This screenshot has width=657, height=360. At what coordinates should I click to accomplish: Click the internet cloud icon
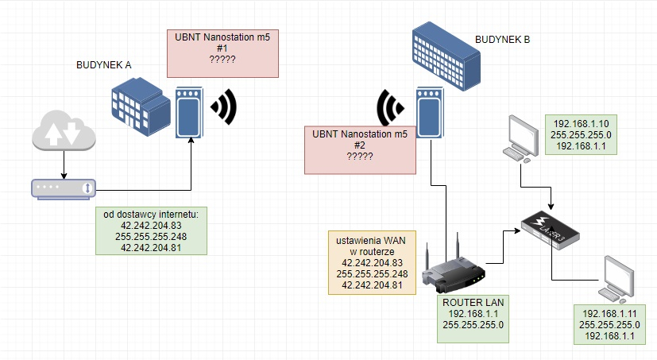[x=64, y=130]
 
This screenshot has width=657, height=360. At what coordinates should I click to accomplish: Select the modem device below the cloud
[x=64, y=189]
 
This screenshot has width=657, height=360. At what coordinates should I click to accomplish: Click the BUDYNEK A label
[x=103, y=65]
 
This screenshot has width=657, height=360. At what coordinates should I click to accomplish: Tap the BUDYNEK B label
[x=502, y=40]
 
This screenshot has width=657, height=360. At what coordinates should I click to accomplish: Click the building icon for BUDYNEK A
[x=141, y=106]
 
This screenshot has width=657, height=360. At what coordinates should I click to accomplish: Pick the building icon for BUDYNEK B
[x=446, y=56]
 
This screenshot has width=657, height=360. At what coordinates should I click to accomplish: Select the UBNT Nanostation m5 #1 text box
[x=222, y=54]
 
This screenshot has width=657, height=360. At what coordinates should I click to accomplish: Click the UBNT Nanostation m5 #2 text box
[x=360, y=150]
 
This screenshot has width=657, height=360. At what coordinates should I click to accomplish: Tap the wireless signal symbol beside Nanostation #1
[x=225, y=106]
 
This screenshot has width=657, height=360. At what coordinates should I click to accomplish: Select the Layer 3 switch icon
[x=551, y=230]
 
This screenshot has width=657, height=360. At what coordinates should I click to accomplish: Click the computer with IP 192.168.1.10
[x=521, y=139]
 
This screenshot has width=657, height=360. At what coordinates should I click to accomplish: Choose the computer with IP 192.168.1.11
[x=616, y=280]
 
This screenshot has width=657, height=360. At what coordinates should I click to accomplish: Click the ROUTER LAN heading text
[x=473, y=303]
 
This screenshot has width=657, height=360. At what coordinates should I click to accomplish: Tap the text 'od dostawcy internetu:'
[x=151, y=214]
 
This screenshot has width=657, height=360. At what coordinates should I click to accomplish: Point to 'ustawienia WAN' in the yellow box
[x=371, y=241]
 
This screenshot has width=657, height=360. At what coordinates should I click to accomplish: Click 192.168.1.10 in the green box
[x=581, y=124]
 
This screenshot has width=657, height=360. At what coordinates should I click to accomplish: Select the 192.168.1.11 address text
[x=609, y=313]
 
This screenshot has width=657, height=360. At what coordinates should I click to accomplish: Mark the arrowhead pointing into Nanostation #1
[x=191, y=140]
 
